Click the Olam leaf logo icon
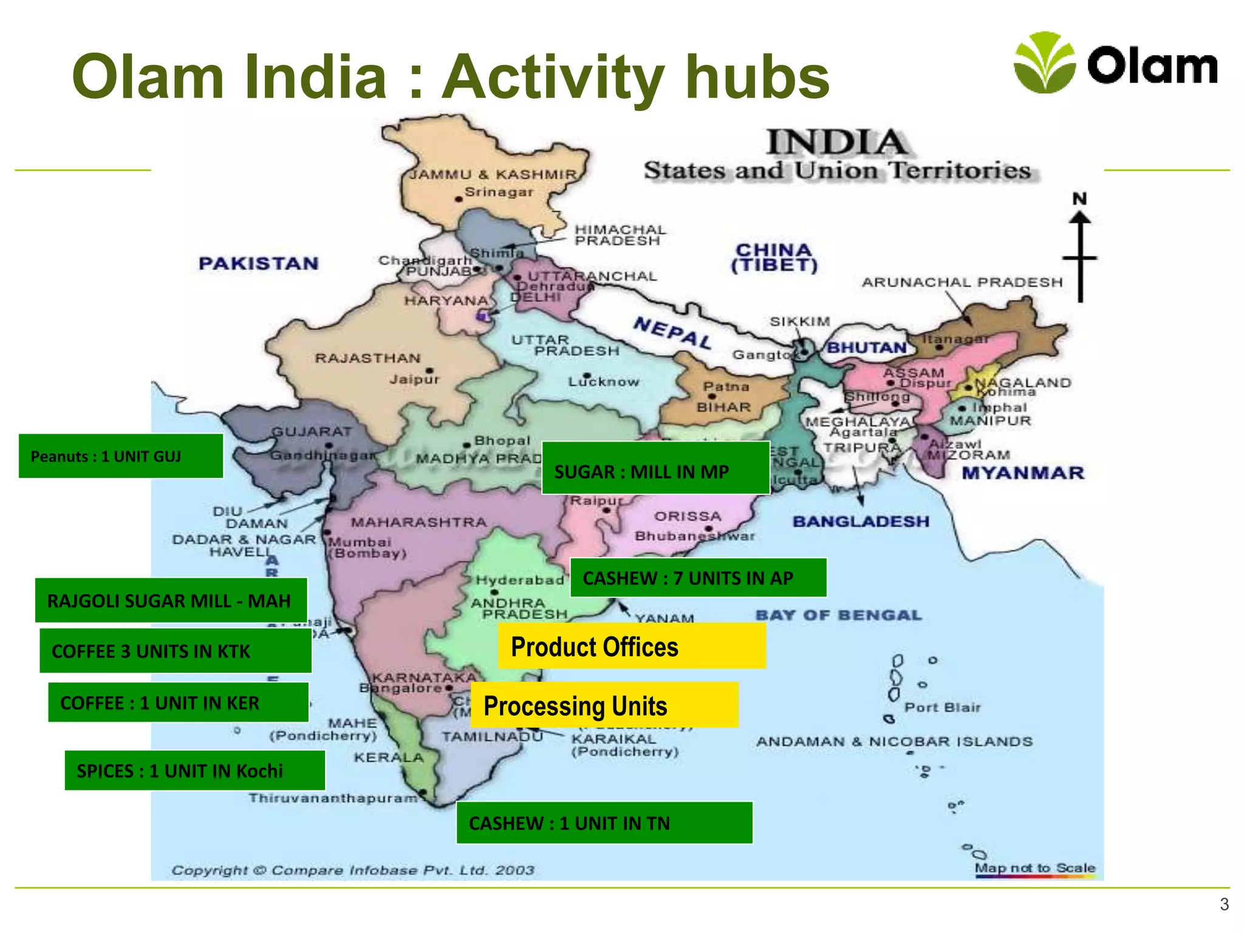[1044, 63]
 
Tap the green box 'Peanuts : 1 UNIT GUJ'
[121, 456]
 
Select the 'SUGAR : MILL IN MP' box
[655, 468]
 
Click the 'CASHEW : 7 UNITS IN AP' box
[698, 578]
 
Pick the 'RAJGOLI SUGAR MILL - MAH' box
[171, 601]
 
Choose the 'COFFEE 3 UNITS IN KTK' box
[176, 651]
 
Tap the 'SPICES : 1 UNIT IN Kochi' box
[194, 771]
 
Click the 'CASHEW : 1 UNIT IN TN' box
[604, 823]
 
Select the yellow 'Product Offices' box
[631, 647]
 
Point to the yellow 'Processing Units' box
[604, 706]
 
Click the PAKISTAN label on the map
[259, 264]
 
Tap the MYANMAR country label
[1023, 473]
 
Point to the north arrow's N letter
[1079, 199]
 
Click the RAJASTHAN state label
[367, 358]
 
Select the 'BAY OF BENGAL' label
[838, 615]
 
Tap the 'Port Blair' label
[942, 708]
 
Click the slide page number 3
[1224, 905]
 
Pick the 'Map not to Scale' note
[1034, 868]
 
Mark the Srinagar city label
[498, 193]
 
